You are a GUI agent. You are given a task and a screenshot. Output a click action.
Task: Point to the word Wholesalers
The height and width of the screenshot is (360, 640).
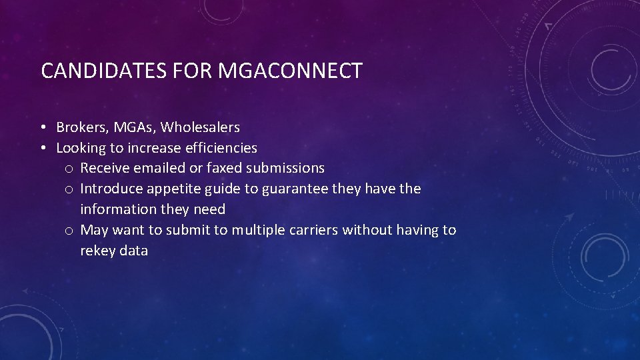pos(200,127)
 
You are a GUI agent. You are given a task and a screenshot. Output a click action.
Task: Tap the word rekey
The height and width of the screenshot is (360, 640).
pos(97,251)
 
